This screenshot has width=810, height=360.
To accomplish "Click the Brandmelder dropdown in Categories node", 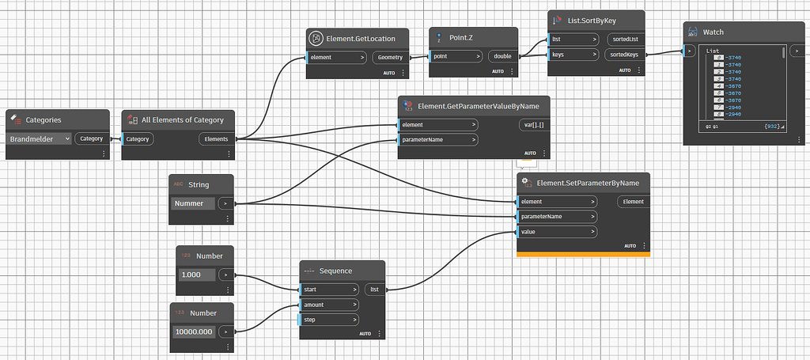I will pyautogui.click(x=40, y=138).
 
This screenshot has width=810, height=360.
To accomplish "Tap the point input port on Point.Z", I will pyautogui.click(x=455, y=56).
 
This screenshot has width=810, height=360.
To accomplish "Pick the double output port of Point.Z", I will pyautogui.click(x=502, y=56).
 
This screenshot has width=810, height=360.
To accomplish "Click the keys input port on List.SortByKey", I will pyautogui.click(x=569, y=55).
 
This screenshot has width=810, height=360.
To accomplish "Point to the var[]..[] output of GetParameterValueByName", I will pyautogui.click(x=530, y=124).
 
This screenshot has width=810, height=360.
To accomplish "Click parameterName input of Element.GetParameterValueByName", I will pyautogui.click(x=438, y=140).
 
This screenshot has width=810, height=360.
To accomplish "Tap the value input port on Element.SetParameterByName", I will pyautogui.click(x=557, y=231).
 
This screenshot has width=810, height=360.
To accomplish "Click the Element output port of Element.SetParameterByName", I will pyautogui.click(x=633, y=202).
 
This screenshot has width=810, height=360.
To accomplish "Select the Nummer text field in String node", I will pyautogui.click(x=191, y=203).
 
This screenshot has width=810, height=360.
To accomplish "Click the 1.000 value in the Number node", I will pyautogui.click(x=195, y=275).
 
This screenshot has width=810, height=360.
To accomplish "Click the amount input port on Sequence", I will pyautogui.click(x=328, y=305).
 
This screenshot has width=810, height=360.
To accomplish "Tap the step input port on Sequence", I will pyautogui.click(x=328, y=320).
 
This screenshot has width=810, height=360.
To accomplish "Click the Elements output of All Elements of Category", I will pyautogui.click(x=215, y=138).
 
